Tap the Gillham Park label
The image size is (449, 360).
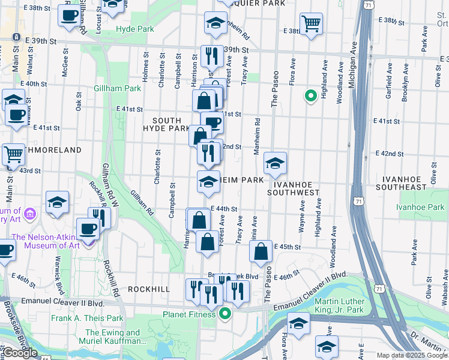pyautogui.click(x=117, y=89)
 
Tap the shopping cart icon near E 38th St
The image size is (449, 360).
pyautogui.click(x=311, y=24)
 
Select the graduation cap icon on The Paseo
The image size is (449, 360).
pyautogui.click(x=275, y=163)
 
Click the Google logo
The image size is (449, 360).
pyautogui.click(x=20, y=353)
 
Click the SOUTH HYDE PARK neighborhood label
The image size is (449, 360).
pyautogui.click(x=166, y=124)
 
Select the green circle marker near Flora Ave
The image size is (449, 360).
pyautogui.click(x=310, y=95)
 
